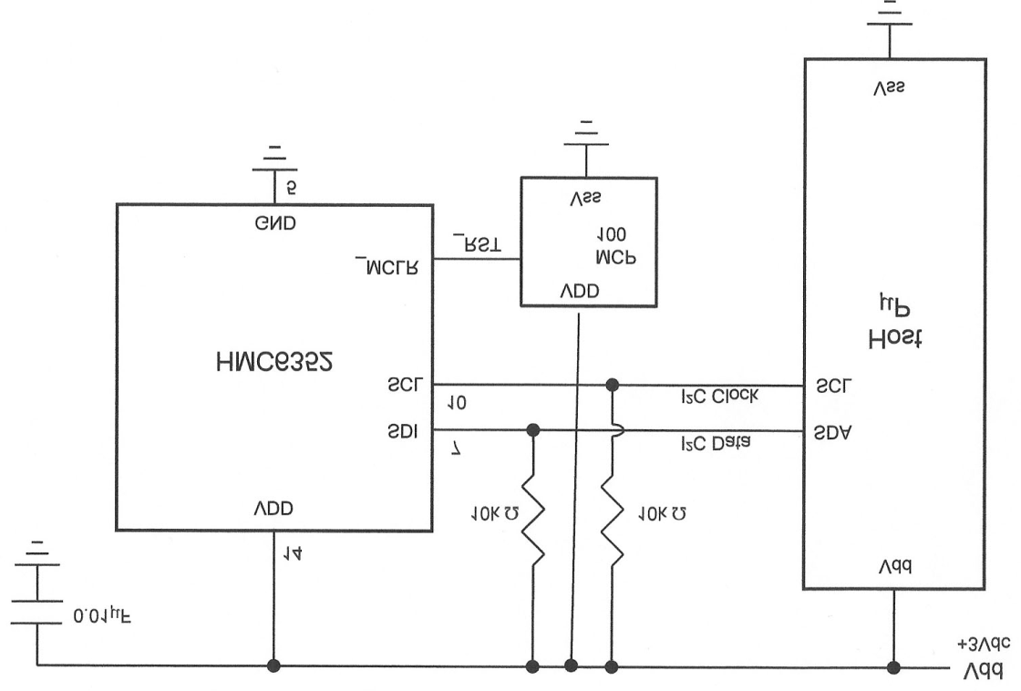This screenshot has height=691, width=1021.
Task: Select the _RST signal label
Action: pyautogui.click(x=475, y=244)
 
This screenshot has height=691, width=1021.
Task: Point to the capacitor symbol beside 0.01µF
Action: pyautogui.click(x=37, y=612)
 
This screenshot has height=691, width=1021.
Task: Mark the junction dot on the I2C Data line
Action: pyautogui.click(x=532, y=429)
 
